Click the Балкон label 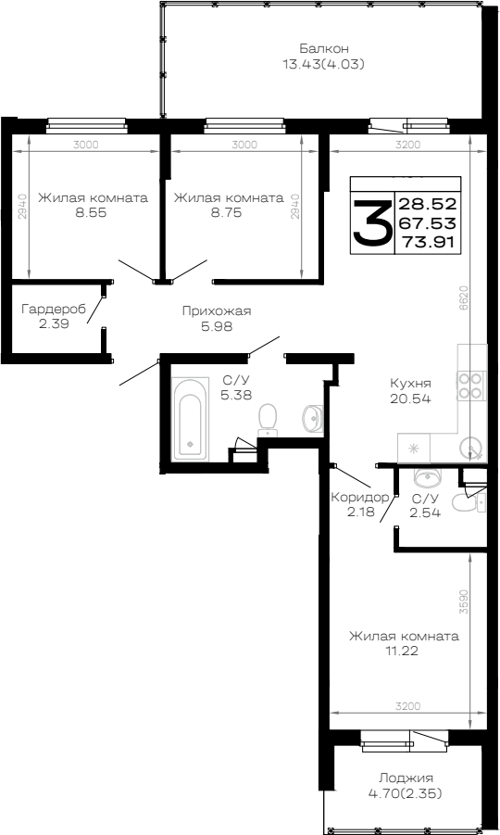tap(324, 48)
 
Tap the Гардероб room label tap(54, 310)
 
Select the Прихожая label tap(217, 311)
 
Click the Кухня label tap(410, 384)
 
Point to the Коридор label tap(360, 498)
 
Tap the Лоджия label tap(406, 778)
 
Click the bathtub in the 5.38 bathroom tap(191, 419)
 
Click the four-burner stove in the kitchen tap(471, 386)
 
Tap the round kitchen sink tap(470, 448)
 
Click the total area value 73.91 tap(428, 242)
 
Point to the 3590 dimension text tap(465, 602)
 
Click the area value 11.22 tap(404, 651)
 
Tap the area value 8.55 tap(93, 212)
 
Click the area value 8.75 tap(228, 212)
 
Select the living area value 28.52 tap(428, 204)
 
